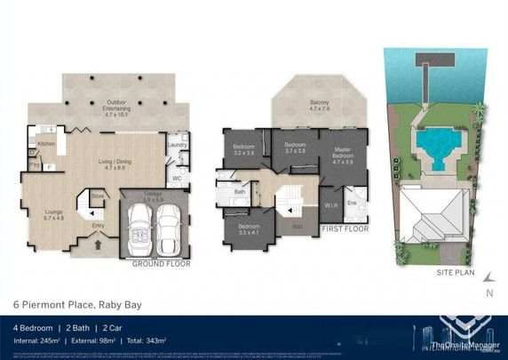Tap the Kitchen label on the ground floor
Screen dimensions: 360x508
click(47, 143)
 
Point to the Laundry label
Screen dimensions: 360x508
click(176, 145)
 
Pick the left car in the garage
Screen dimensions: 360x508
click(141, 228)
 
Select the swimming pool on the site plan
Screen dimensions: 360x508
click(436, 142)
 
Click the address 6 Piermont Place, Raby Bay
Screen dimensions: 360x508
click(76, 305)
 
